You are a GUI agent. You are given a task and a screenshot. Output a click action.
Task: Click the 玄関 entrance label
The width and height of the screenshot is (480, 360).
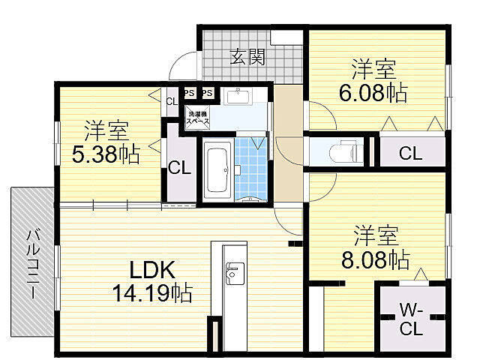247,56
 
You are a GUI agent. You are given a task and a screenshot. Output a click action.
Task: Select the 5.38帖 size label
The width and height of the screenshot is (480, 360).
105,154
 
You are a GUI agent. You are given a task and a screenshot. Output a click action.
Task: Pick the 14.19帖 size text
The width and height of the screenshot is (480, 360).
152,292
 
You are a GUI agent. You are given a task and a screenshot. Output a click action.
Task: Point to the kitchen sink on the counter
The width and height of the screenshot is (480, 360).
232,271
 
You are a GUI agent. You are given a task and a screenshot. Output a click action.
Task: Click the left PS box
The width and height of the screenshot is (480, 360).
190,93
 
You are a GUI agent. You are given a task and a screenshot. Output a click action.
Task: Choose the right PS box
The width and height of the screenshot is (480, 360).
208,93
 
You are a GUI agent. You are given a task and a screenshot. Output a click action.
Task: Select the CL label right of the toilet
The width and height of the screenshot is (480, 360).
409,154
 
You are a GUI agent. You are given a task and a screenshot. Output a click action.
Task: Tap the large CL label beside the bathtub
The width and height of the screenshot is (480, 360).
179,167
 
